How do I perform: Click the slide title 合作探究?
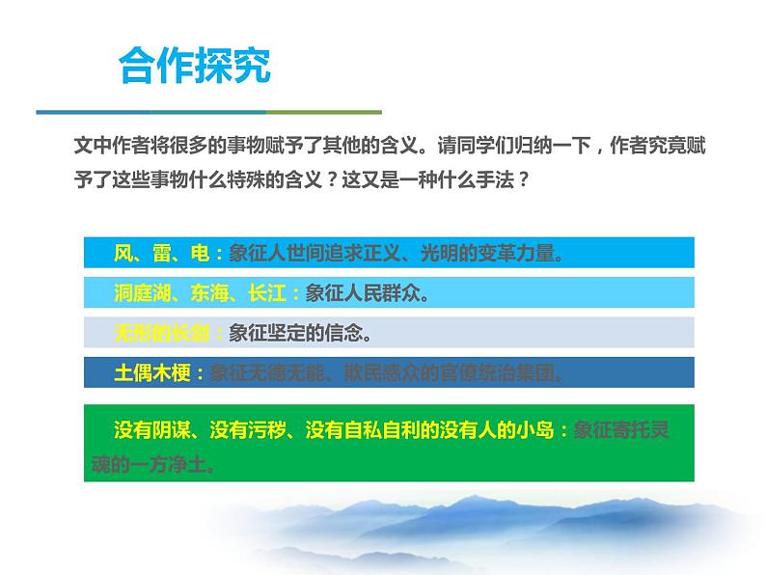click(x=194, y=68)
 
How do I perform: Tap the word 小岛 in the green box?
click(x=540, y=430)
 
